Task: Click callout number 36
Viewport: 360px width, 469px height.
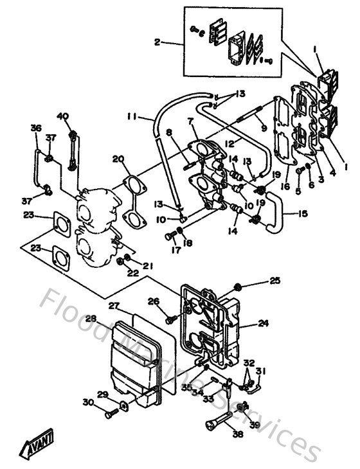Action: [35, 128]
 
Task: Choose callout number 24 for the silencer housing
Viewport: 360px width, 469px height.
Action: [263, 324]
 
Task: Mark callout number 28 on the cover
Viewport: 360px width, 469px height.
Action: [92, 319]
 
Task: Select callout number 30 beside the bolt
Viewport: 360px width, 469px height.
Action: [87, 402]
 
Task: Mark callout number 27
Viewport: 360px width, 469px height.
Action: [114, 306]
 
